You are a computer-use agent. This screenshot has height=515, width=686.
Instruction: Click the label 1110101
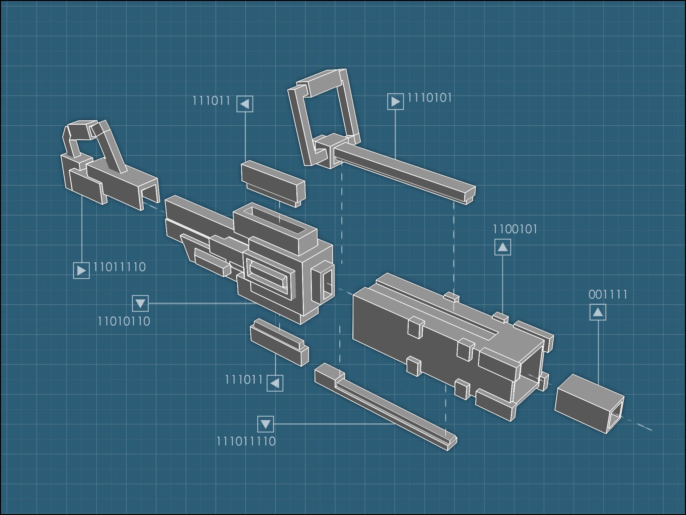tap(429, 98)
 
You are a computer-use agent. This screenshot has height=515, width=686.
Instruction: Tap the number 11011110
tap(119, 267)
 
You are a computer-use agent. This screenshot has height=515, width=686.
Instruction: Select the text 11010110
tap(124, 322)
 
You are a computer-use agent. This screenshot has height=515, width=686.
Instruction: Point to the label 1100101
tap(515, 229)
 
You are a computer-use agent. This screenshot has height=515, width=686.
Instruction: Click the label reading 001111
tap(608, 295)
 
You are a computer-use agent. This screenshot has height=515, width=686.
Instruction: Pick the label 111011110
tap(246, 441)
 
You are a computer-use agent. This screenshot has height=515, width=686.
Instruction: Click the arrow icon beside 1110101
tap(395, 101)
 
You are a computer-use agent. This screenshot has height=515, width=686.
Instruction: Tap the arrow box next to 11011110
tap(81, 270)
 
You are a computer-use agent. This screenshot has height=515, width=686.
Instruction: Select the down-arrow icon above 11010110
tap(140, 303)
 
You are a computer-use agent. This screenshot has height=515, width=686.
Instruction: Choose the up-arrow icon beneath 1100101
tap(502, 247)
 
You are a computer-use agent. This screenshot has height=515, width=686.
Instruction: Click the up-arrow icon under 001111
tap(598, 312)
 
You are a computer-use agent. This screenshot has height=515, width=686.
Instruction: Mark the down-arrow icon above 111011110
tap(265, 424)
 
